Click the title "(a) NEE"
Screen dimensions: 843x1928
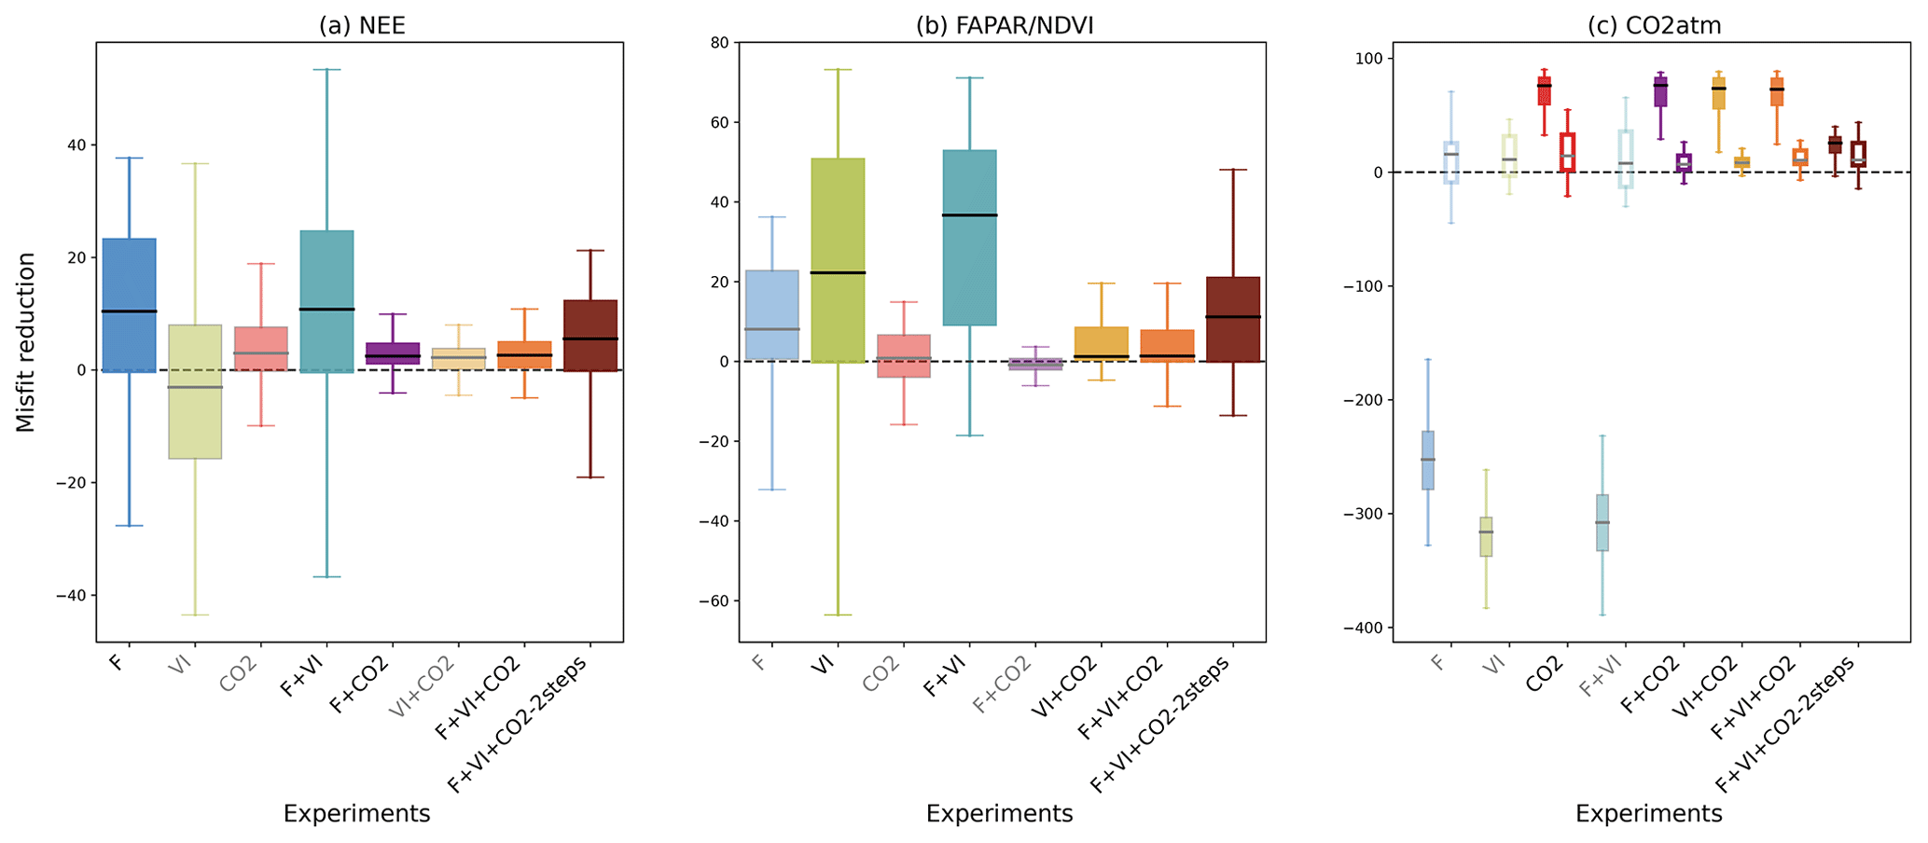362,25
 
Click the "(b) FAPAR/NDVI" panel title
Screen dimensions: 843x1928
1004,25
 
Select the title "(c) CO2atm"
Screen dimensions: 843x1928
1654,25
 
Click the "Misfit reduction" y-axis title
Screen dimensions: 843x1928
26,342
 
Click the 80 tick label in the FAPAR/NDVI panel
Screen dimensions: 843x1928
718,43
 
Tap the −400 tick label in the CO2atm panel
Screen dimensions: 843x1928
1364,628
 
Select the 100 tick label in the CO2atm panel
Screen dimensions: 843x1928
1367,59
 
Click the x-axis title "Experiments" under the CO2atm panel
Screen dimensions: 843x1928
1648,814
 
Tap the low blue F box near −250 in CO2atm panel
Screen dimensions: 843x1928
1427,461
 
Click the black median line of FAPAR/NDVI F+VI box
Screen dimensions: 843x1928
970,215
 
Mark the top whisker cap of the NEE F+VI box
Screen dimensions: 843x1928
326,70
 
